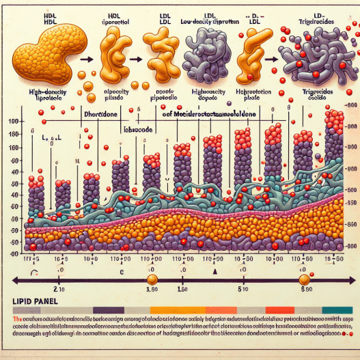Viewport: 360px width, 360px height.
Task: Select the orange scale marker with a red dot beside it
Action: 305,280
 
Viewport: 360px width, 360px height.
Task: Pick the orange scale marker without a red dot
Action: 152,280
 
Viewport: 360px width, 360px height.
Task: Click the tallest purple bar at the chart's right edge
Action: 334,157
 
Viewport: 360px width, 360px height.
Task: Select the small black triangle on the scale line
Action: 214,271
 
